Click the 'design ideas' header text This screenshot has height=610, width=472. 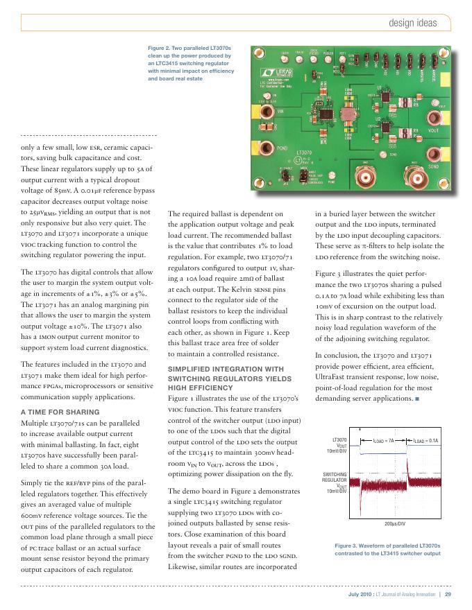point(412,24)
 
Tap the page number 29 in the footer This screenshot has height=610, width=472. point(448,594)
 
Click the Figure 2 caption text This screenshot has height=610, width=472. point(191,64)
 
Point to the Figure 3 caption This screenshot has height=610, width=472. point(387,550)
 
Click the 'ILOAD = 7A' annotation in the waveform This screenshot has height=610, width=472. point(384,440)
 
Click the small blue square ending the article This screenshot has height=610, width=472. point(418,399)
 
